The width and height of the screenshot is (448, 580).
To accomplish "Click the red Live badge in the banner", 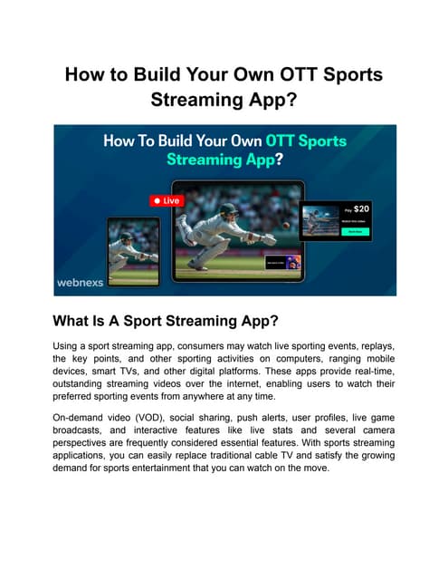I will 166,199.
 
